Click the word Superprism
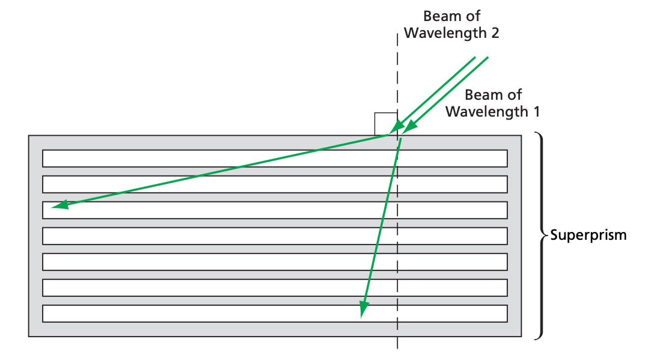(588, 235)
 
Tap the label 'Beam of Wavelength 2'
(451, 25)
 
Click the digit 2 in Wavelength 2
(495, 32)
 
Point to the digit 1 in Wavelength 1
(535, 111)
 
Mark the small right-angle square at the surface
(385, 123)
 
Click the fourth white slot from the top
(275, 236)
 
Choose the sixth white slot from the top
(275, 288)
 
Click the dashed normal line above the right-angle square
(397, 72)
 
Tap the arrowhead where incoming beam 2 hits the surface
(394, 130)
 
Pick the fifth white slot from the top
(275, 262)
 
